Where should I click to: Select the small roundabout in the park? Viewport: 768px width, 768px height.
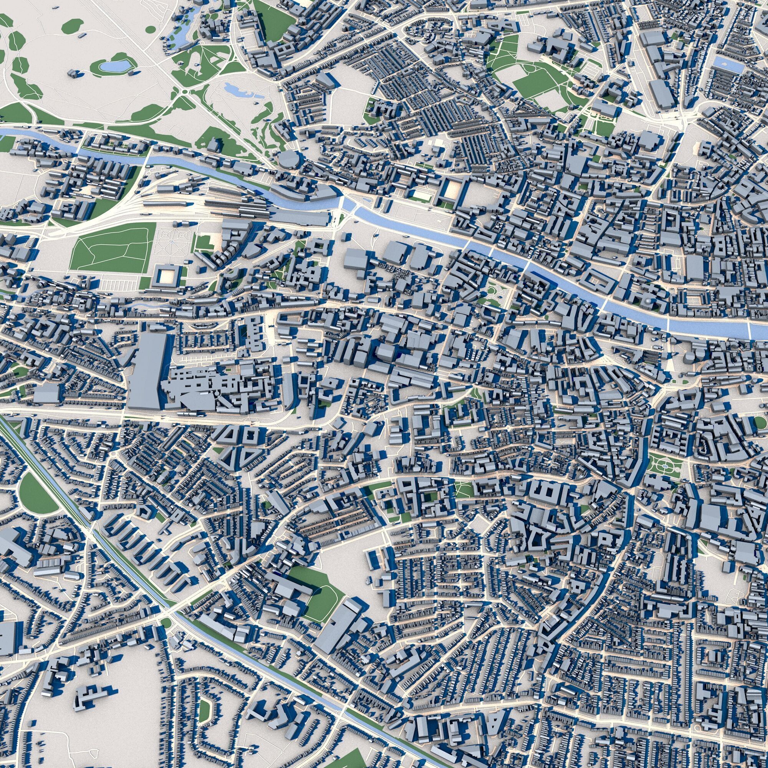(184, 93)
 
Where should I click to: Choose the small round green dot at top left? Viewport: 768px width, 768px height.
(151, 29)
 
